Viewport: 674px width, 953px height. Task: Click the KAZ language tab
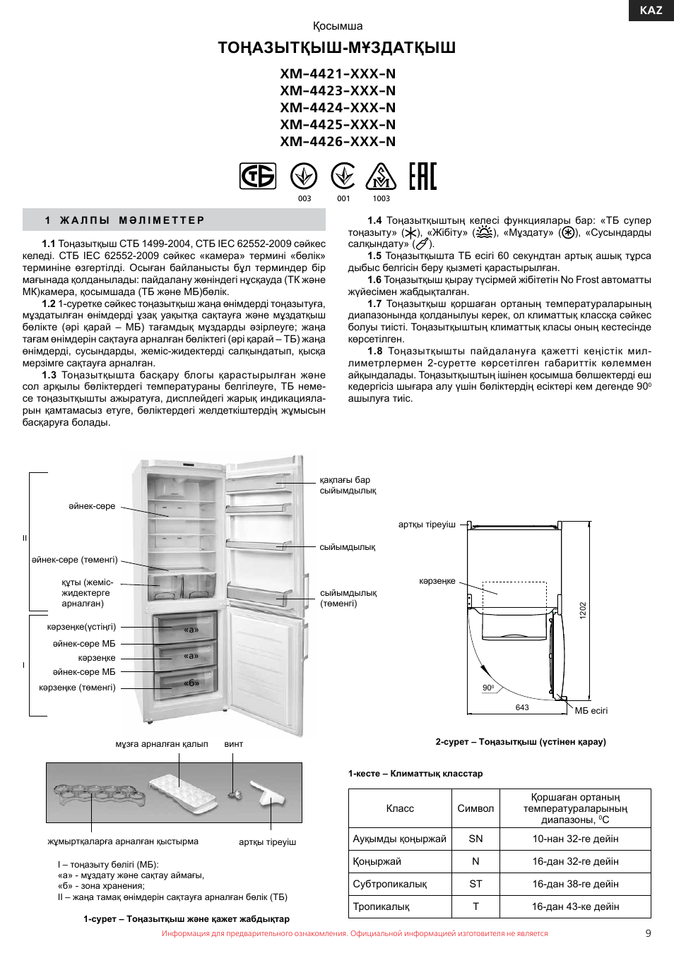pos(651,10)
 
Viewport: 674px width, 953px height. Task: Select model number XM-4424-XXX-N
pos(338,107)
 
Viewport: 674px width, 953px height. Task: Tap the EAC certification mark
pos(422,176)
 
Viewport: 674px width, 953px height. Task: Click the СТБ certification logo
pos(258,176)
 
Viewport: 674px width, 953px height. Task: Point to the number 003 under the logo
pos(305,198)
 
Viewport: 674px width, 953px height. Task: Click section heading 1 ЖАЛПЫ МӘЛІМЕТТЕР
pos(125,220)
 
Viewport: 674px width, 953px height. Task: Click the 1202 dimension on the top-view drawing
pos(583,610)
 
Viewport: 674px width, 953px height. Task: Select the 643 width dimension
pos(522,707)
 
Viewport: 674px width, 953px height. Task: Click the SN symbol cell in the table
pos(475,839)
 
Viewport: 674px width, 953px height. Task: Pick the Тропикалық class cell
pos(382,906)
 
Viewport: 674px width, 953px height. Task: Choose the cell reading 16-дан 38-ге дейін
pos(575,884)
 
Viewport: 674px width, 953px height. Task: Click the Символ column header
pos(475,808)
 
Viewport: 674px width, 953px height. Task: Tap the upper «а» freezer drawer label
pos(191,629)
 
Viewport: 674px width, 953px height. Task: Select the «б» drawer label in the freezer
pos(191,683)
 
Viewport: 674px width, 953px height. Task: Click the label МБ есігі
pos(591,711)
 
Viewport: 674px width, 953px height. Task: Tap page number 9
pos(648,933)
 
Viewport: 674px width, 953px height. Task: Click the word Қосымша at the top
pos(338,26)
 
